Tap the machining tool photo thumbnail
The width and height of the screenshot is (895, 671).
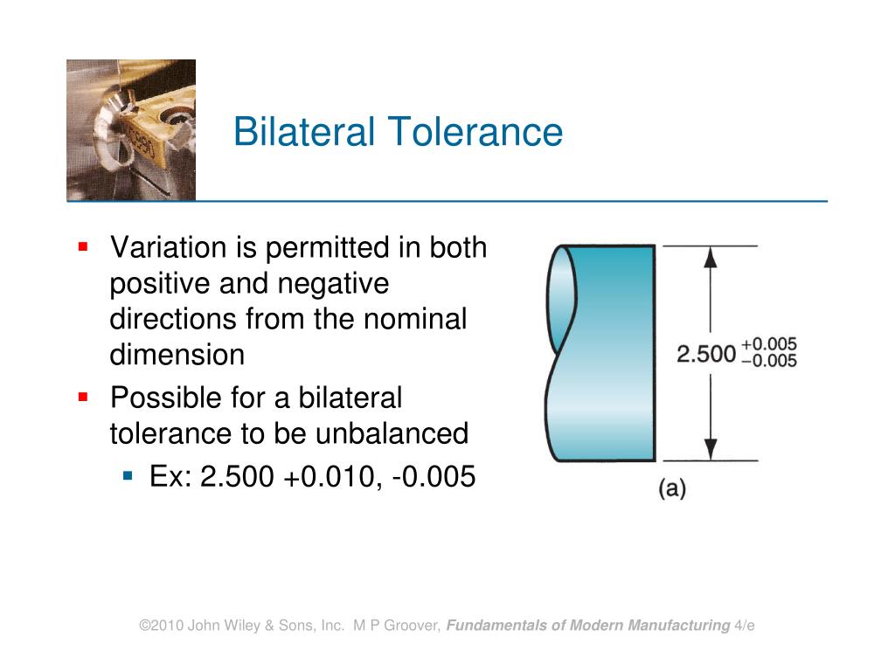[131, 130]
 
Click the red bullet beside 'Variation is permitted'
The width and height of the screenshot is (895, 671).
[83, 247]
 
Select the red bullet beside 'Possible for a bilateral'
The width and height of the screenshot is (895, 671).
[83, 397]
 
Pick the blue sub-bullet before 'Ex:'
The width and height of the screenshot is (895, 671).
[128, 476]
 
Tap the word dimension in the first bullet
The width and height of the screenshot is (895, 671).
[177, 356]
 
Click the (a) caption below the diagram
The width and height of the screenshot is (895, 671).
[671, 488]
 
